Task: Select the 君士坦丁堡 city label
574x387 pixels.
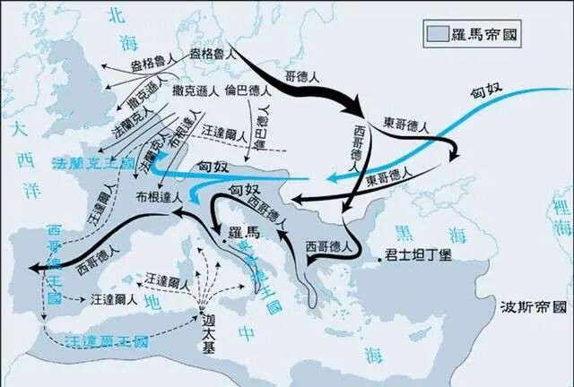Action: tap(417, 254)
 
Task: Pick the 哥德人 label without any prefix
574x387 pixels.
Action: tap(302, 79)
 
